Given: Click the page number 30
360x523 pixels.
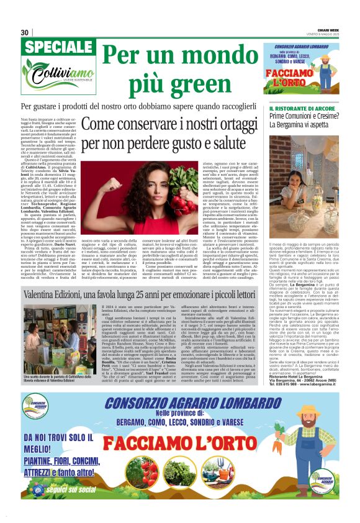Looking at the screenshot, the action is [25, 32].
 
